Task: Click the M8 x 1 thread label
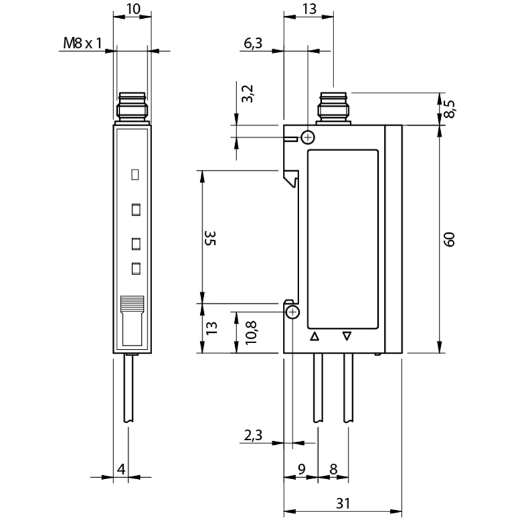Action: [83, 43]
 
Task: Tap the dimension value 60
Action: [449, 240]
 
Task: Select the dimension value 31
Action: [343, 503]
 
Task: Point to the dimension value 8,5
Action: [449, 109]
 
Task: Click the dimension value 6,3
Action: [253, 43]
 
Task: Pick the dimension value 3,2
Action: [247, 94]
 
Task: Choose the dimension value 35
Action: [210, 238]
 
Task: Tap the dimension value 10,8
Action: [251, 333]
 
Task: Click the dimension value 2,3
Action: [253, 435]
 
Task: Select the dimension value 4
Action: [122, 469]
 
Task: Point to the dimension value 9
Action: [302, 469]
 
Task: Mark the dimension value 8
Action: [333, 469]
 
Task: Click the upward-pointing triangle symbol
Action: [315, 337]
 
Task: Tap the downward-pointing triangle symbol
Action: [347, 336]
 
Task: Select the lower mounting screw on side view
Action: [293, 312]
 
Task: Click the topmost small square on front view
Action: [135, 174]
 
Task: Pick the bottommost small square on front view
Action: [136, 269]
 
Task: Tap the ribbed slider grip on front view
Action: [132, 302]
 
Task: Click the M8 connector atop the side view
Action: [333, 108]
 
